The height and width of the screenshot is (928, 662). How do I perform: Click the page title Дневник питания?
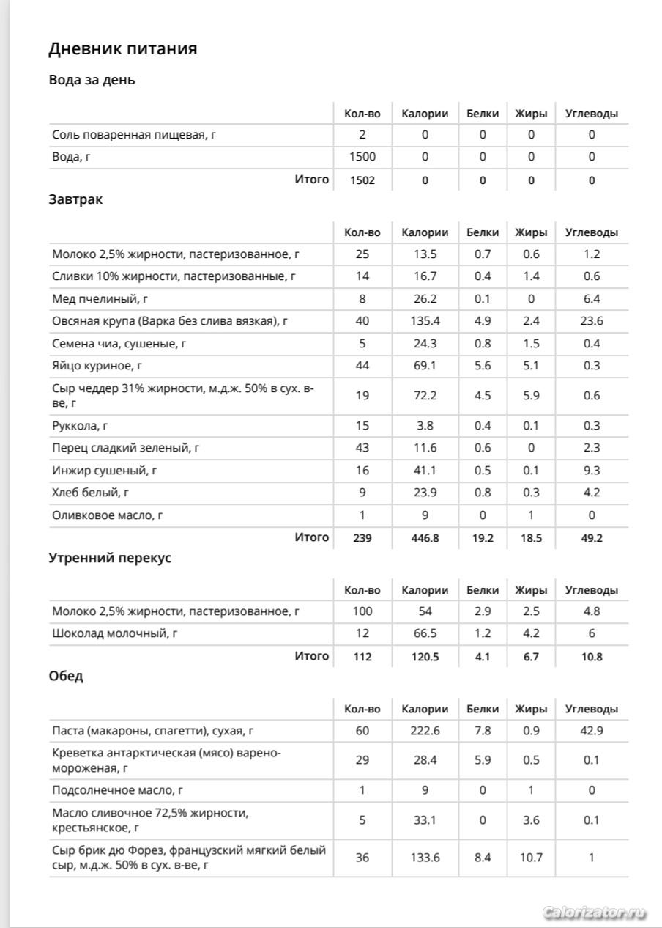(122, 49)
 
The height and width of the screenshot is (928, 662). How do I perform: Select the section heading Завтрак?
(75, 200)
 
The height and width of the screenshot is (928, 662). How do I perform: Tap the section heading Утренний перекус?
(110, 558)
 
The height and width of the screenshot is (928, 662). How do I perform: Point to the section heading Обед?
(66, 677)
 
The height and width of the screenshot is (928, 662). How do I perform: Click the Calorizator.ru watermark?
(595, 913)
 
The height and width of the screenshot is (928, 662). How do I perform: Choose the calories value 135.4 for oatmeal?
(425, 321)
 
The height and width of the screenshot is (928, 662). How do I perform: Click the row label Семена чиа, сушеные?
(119, 344)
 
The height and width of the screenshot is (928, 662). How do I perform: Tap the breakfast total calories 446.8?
(425, 538)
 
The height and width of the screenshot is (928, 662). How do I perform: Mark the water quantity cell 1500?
(362, 157)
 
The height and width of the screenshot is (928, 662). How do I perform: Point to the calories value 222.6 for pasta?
(425, 731)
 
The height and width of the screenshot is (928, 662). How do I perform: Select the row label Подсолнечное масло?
(117, 790)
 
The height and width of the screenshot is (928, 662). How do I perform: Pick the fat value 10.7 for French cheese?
(531, 857)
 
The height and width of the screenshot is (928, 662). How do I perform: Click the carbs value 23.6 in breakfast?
(592, 321)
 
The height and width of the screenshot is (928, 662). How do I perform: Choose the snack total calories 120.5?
(425, 657)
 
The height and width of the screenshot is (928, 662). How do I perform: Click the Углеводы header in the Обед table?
(592, 709)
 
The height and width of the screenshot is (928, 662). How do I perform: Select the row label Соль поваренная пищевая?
(135, 135)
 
